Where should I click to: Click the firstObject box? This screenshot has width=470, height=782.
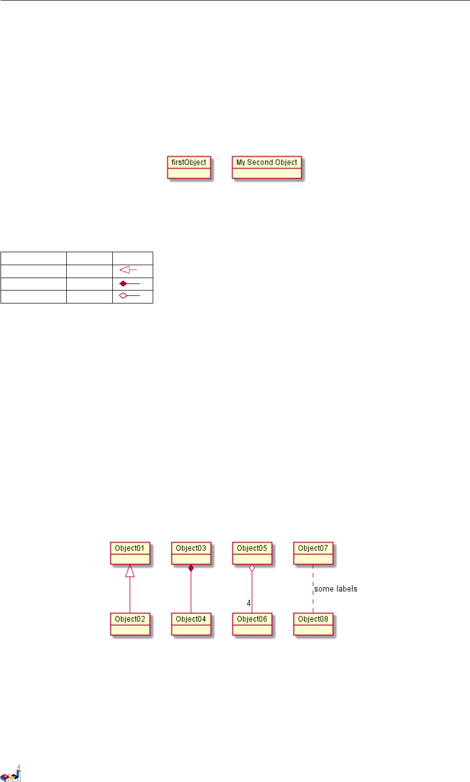coord(189,167)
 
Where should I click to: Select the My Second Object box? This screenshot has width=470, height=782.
coord(267,167)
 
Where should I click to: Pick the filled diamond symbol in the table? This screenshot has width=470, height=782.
coord(123,284)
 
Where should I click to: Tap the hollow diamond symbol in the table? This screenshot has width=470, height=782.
coord(123,296)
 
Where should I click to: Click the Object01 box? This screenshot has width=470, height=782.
coord(130,553)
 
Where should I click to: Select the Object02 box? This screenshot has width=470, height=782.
coord(130,624)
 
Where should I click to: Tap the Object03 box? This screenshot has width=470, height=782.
coord(191,553)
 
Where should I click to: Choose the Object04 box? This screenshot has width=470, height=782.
coord(191,624)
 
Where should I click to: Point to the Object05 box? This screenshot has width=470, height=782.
coord(252,553)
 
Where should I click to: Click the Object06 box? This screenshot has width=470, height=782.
coord(252,624)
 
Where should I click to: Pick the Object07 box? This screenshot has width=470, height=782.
coord(313,553)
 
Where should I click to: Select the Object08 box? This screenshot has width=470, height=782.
coord(313,624)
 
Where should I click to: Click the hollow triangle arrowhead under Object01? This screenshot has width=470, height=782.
coord(130,571)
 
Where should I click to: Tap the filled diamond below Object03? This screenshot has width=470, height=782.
coord(191,569)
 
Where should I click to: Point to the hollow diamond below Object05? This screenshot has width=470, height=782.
coord(252,569)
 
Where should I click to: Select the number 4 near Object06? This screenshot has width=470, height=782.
coord(248,603)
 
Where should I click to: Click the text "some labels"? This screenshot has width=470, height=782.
coord(336,589)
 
